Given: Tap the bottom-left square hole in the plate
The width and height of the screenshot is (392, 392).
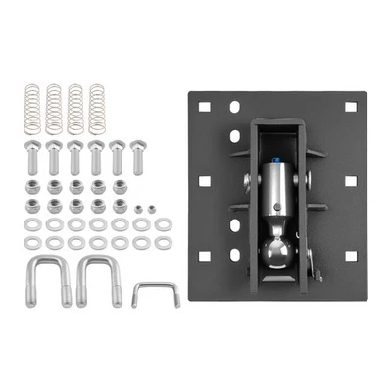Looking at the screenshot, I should click(x=205, y=256).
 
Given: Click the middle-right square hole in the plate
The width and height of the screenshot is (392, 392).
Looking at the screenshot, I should click(x=349, y=182).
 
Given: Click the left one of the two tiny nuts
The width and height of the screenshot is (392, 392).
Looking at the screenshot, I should click(x=139, y=208).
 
